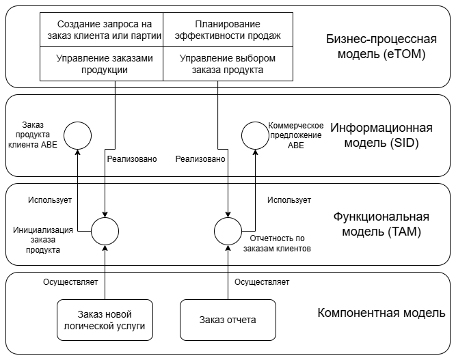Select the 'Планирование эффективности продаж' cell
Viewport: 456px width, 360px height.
(x=219, y=29)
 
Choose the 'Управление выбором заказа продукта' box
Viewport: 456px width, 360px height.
(x=219, y=64)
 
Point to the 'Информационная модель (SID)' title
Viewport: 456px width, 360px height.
(x=381, y=136)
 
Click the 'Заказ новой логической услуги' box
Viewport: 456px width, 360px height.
(x=105, y=320)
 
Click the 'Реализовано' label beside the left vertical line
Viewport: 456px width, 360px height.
(x=132, y=159)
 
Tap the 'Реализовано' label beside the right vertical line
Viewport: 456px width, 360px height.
(x=200, y=159)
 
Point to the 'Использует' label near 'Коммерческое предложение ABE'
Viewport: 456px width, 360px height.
(x=289, y=200)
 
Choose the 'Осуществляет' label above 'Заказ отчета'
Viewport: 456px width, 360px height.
(x=262, y=281)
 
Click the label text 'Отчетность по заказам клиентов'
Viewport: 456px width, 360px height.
(x=281, y=244)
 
